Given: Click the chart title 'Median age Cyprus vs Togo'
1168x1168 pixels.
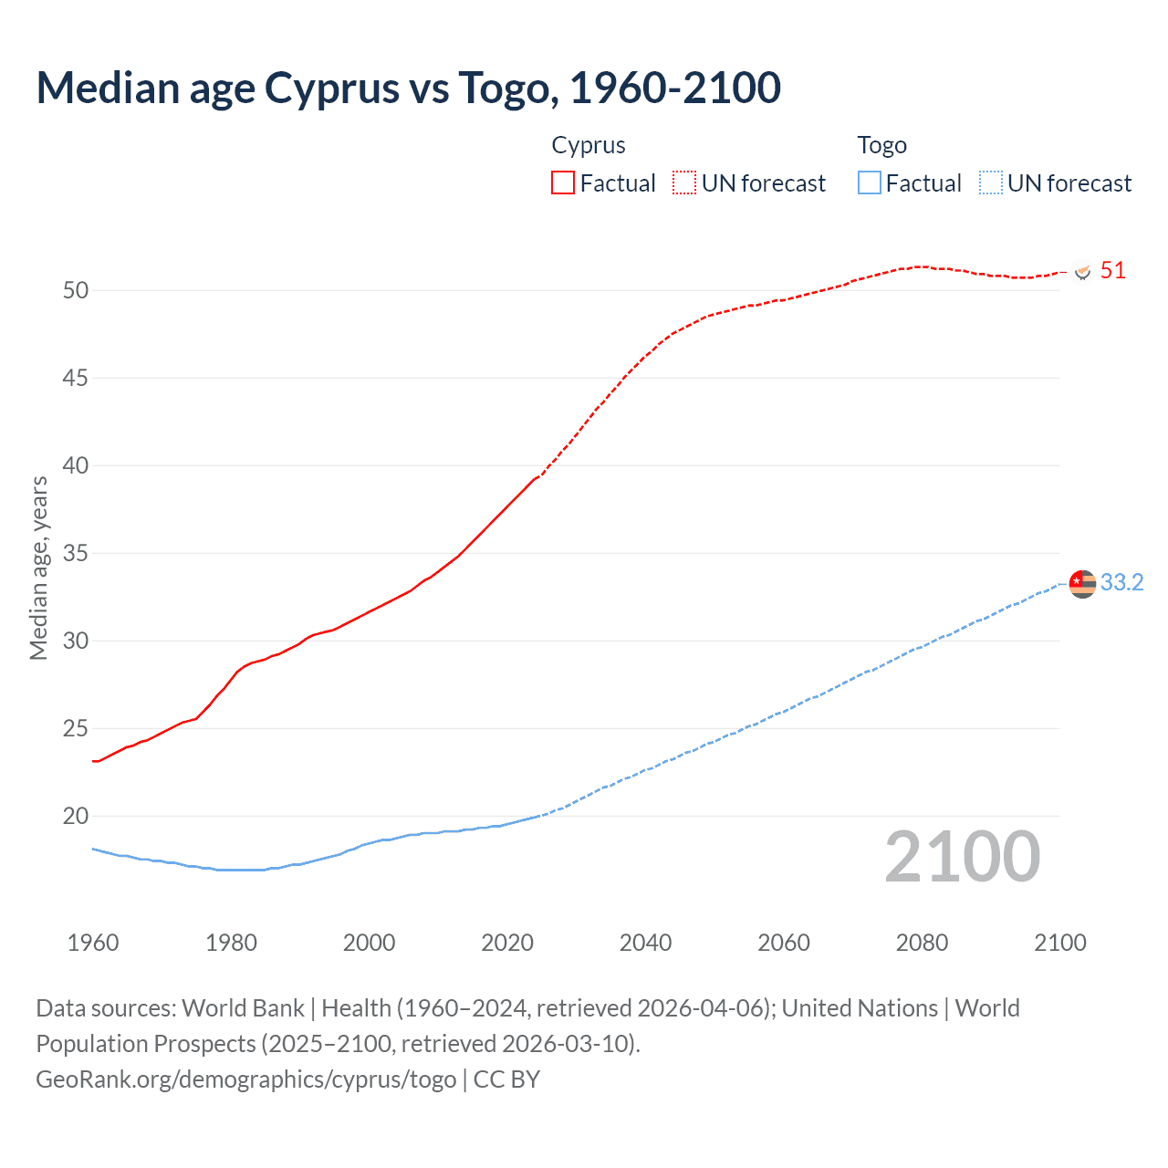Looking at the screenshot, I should [408, 89].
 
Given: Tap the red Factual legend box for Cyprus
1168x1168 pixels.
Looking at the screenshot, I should [563, 183].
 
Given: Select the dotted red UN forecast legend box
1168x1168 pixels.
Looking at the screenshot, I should [684, 183].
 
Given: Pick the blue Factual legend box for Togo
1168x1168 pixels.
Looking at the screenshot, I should [869, 183].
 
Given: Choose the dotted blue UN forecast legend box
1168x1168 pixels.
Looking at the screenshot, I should [990, 183].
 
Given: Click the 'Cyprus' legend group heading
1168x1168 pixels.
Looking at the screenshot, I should [589, 145].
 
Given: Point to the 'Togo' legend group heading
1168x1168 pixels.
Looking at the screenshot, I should [881, 145].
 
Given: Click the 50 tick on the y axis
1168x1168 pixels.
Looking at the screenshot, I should [76, 290].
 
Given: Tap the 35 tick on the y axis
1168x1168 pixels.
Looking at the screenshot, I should [76, 553].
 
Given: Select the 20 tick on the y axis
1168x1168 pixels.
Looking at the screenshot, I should [76, 816].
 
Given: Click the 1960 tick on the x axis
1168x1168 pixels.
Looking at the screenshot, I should [93, 943].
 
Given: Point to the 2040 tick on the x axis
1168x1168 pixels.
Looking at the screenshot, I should [645, 943].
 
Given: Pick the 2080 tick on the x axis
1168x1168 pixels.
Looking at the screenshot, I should [922, 943].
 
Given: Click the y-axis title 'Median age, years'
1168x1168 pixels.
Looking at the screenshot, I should [38, 568].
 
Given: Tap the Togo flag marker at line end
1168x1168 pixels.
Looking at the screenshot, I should [1082, 582].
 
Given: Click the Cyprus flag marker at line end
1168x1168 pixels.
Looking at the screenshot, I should [1082, 272].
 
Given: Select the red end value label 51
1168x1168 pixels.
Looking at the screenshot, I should [1112, 271].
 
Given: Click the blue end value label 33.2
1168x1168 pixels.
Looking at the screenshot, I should [1121, 583].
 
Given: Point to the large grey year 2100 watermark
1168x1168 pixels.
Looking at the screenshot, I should [962, 857].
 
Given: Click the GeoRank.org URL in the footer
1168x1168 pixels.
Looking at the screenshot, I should [246, 1079].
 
